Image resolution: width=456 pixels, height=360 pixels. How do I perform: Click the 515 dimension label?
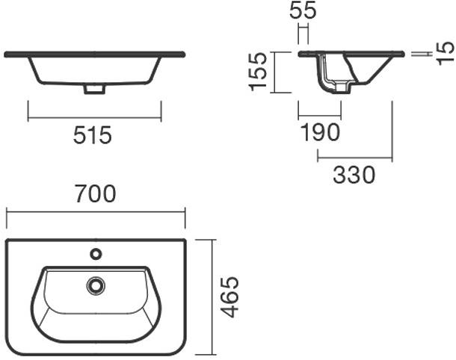pyautogui.click(x=93, y=135)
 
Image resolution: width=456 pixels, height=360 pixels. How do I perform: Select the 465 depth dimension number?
pyautogui.click(x=231, y=297)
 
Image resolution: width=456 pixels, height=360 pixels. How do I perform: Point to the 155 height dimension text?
pyautogui.click(x=258, y=72)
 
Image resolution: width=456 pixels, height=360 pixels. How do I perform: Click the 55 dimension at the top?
pyautogui.click(x=303, y=10)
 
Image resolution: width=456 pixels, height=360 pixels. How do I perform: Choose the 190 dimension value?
pyautogui.click(x=320, y=133)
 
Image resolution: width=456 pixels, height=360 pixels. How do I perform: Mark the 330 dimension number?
pyautogui.click(x=354, y=175)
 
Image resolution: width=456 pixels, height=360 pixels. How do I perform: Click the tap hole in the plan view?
pyautogui.click(x=96, y=254)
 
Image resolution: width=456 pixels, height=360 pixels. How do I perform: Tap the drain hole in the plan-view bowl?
pyautogui.click(x=96, y=285)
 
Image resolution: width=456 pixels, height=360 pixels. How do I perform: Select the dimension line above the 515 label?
pyautogui.click(x=94, y=118)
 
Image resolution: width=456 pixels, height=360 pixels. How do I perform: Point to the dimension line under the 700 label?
pyautogui.click(x=96, y=212)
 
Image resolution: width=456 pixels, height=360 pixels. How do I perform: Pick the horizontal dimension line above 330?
pyautogui.click(x=354, y=158)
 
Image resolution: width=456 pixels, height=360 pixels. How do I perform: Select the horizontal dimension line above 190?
pyautogui.click(x=319, y=117)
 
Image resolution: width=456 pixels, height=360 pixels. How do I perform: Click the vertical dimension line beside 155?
pyautogui.click(x=274, y=72)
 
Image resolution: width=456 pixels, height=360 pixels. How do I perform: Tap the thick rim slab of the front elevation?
pyautogui.click(x=94, y=54)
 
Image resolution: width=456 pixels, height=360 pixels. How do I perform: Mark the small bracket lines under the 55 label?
pyautogui.click(x=303, y=34)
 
